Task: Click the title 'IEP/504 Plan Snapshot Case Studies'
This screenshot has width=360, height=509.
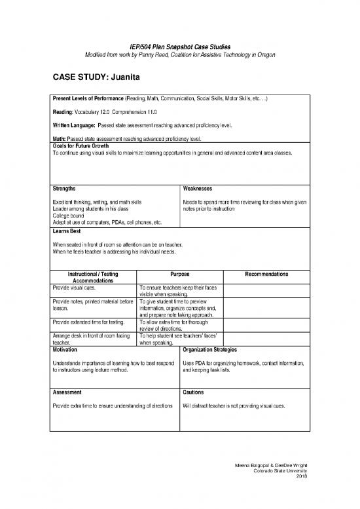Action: coord(180,44)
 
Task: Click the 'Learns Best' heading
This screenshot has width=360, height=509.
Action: coord(67,231)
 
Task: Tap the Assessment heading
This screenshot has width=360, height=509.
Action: coord(67,392)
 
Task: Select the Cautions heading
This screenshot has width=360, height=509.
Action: coord(195,392)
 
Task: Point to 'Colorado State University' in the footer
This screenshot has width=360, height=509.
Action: coord(279,470)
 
